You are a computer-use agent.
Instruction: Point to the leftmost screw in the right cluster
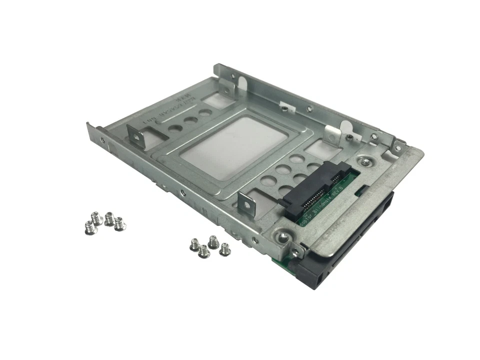(x=192, y=244)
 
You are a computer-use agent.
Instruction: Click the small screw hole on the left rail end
(x=102, y=141)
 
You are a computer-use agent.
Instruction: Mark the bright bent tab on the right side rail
(x=331, y=132)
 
